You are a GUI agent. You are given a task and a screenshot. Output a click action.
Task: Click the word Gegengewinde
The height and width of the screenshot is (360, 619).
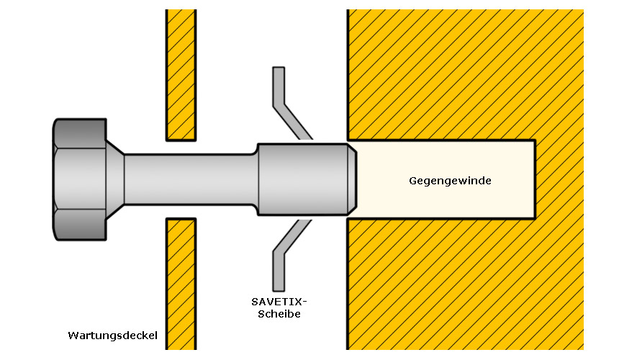pos(450,181)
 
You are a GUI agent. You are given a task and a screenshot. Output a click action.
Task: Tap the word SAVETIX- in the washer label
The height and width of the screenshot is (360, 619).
pos(279,302)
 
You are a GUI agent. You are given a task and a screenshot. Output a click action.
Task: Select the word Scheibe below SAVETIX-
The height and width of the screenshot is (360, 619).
pos(279,314)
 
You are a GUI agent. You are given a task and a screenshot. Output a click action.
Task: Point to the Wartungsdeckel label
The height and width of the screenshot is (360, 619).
pos(112,336)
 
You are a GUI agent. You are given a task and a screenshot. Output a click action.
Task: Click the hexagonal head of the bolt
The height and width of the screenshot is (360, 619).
pos(80,179)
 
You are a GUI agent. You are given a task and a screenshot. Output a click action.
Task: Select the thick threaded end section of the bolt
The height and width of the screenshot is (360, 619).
pos(302,179)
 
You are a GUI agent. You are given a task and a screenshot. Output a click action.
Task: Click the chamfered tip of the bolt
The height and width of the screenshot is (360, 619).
pos(352,179)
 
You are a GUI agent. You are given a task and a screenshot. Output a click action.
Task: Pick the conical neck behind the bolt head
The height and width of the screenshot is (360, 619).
pos(115,179)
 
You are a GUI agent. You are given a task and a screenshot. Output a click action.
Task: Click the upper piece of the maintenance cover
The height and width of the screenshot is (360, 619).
pos(181,75)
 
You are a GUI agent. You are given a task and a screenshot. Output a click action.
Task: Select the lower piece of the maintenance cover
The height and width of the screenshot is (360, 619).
pos(181,284)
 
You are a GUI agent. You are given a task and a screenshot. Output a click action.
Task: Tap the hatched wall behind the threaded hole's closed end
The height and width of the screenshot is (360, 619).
pos(560,179)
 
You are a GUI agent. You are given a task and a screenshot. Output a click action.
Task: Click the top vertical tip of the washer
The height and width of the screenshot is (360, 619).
pos(279,68)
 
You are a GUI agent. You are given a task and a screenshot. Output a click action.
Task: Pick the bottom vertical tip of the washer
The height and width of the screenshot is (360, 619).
pos(279,291)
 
